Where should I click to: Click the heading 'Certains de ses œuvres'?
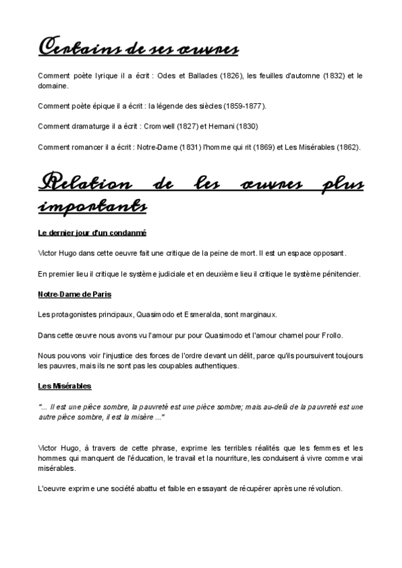pyautogui.click(x=138, y=48)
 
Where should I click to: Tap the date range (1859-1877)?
pyautogui.click(x=243, y=106)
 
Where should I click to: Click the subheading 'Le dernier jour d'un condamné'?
pyautogui.click(x=92, y=232)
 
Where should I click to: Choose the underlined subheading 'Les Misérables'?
pyautogui.click(x=65, y=386)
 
